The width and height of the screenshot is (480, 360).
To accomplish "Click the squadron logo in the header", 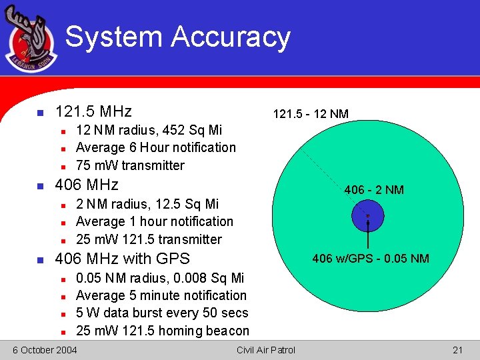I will [x=31, y=40].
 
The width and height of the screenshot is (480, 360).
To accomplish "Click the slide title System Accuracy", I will [x=177, y=37].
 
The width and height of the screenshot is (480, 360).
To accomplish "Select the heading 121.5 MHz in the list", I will [x=93, y=111].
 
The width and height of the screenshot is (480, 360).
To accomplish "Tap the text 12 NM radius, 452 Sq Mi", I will [x=149, y=130].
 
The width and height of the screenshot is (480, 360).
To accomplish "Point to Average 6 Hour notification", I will [x=156, y=147].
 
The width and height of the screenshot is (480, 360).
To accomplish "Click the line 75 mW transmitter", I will [x=130, y=165].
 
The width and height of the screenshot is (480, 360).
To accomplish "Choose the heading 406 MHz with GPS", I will [x=122, y=259].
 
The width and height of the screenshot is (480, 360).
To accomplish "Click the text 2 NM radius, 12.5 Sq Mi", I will [x=147, y=204].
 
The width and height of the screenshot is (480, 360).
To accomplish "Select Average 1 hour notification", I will [x=155, y=221].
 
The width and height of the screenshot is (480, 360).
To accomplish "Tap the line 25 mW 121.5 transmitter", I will [x=149, y=239].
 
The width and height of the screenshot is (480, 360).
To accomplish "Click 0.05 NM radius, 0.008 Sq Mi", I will [x=160, y=278].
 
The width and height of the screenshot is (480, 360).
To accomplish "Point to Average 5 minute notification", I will [x=161, y=295].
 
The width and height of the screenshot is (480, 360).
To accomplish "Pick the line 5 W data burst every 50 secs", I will [x=162, y=313].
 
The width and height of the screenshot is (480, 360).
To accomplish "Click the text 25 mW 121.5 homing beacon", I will [x=163, y=331].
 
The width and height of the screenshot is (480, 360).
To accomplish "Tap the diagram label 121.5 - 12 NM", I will [x=311, y=114].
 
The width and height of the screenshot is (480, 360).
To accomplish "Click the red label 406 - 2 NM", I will [x=373, y=190].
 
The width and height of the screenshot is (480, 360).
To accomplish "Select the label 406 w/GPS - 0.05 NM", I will [x=371, y=259].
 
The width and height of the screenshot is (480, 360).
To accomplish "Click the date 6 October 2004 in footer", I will [x=45, y=350].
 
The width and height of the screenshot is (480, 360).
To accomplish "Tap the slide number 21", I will [x=457, y=350].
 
